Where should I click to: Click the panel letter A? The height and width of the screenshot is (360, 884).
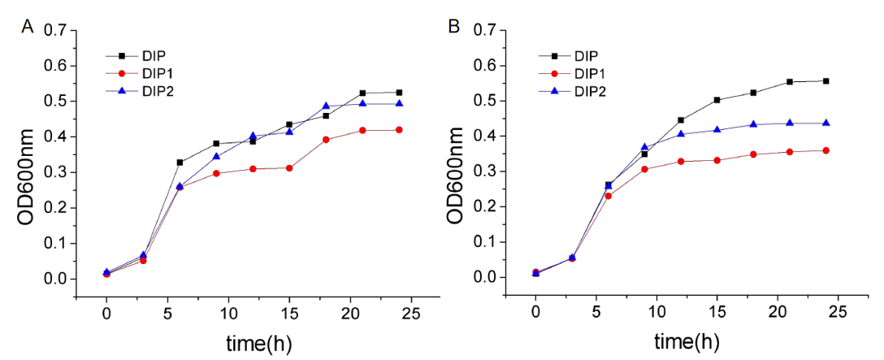click(x=27, y=26)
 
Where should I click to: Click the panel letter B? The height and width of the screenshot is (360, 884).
click(x=454, y=26)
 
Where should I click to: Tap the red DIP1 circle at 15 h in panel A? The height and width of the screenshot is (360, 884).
click(x=289, y=167)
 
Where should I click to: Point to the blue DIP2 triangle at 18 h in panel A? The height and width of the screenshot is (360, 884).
click(x=326, y=106)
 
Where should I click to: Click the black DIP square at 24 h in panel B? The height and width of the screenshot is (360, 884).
click(x=825, y=81)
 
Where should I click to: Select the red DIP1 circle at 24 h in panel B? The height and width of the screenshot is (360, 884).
click(x=825, y=150)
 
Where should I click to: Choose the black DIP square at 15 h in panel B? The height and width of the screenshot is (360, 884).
click(x=717, y=100)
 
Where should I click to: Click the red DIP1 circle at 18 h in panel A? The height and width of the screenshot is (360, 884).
click(x=326, y=140)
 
